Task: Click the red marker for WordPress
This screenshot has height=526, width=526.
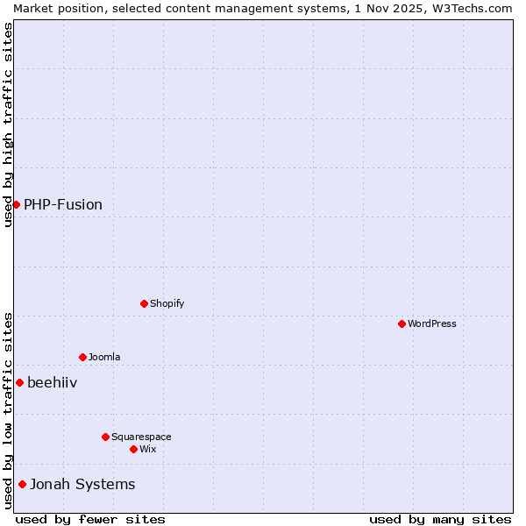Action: (402, 323)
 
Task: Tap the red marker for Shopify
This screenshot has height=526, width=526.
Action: (144, 303)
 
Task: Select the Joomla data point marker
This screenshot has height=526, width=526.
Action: (82, 357)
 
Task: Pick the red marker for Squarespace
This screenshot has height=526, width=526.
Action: (105, 437)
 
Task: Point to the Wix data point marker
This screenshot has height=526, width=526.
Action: (133, 449)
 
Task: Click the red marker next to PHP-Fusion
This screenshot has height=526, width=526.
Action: (16, 204)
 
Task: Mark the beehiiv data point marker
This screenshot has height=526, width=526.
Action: (19, 382)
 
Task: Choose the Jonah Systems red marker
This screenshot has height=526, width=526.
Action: (22, 484)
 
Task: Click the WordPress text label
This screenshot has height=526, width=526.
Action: (432, 324)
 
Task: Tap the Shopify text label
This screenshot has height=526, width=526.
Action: (167, 304)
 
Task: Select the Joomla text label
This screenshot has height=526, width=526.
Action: (104, 358)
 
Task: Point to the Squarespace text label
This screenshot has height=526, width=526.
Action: (141, 437)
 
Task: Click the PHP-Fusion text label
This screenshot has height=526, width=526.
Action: (63, 205)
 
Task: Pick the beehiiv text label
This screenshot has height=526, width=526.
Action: (52, 383)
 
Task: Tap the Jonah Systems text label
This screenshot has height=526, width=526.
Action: (82, 485)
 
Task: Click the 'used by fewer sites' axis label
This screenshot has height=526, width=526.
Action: (90, 519)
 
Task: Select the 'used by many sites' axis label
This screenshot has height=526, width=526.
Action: (440, 519)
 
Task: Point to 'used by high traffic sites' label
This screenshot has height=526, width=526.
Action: (8, 124)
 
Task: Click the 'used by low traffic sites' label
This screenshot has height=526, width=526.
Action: (8, 410)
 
